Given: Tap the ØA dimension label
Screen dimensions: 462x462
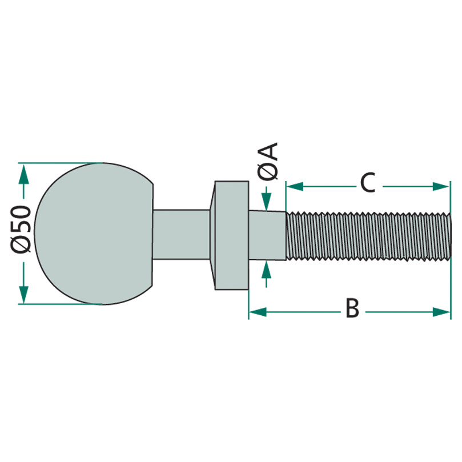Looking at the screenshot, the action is point(268,161).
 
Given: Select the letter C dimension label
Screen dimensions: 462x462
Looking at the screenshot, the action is point(368,182).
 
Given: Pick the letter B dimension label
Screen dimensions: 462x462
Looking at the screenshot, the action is point(352,308).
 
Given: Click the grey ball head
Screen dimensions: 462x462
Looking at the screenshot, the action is point(94,234).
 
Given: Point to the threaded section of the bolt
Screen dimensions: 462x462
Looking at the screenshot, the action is point(368,236).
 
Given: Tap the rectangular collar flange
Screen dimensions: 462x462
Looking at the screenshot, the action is point(232,235).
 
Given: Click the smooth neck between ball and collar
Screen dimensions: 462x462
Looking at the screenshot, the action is point(182,235).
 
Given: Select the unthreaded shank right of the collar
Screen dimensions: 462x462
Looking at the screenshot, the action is point(267,235).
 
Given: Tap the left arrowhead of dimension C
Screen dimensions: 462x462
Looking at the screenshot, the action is point(295,186).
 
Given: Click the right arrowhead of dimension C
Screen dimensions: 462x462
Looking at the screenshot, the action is point(441,186).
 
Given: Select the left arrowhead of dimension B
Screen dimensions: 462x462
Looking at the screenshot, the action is point(258,312).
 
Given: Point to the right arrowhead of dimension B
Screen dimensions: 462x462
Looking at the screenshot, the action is point(441,312).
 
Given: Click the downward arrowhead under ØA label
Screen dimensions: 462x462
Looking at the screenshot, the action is point(266,202).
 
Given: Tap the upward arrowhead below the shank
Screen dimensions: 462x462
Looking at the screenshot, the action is point(266,270).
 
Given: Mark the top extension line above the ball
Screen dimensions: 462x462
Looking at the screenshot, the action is point(61,163).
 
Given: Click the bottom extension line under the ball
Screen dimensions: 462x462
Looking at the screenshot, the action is point(61,304).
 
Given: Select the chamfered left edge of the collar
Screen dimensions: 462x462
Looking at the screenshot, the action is point(212,235).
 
